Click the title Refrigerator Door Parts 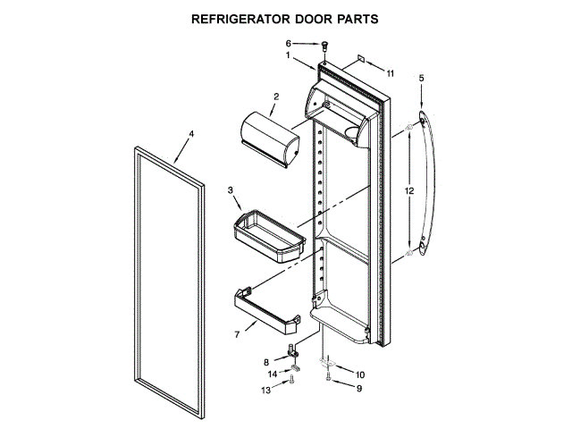coord(286,18)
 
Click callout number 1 coord(289,55)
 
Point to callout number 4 coord(189,134)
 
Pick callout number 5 coord(422,78)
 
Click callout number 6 coord(289,43)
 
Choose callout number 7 coord(237,334)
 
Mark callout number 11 coord(390,71)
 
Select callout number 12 coord(408,191)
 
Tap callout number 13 coord(265,391)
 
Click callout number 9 coord(359,389)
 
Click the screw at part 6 coord(325,45)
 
